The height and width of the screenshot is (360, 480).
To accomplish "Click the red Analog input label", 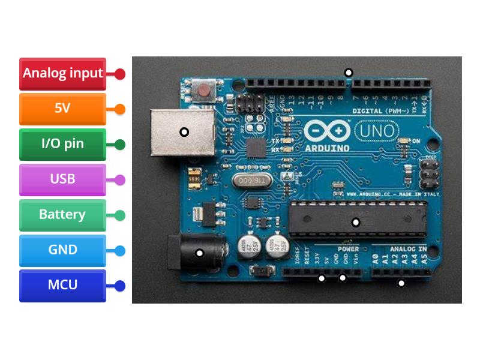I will tap(62, 74).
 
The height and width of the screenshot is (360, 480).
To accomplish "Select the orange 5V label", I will tap(62, 109).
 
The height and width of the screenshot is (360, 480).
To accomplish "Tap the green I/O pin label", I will tap(62, 144).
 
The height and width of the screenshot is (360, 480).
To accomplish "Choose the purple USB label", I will tap(62, 179).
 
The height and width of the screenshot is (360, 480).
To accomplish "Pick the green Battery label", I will tap(62, 215).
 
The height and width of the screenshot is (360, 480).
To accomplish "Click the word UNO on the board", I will tap(376, 130).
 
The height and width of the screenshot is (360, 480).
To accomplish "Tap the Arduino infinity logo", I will tap(327, 130).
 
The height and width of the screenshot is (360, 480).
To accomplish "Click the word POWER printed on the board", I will tap(348, 248).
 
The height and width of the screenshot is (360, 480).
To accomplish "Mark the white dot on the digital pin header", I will tap(348, 73).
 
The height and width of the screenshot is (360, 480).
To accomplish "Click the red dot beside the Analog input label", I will tap(120, 74).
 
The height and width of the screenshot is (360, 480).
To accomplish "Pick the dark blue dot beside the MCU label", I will tap(120, 286).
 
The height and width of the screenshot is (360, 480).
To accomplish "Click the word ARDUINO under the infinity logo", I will tap(326, 148).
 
